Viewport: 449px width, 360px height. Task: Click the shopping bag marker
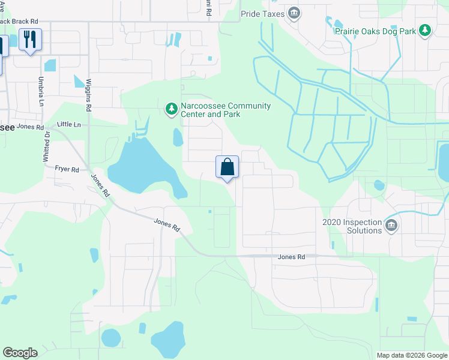[x=228, y=167]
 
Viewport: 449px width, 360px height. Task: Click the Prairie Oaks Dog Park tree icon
[x=425, y=30]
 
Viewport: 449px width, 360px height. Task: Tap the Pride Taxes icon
[x=294, y=13]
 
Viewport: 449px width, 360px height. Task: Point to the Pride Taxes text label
[x=262, y=13]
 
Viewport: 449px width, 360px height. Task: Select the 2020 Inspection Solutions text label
[x=352, y=226]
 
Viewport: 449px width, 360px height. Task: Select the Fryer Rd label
[x=67, y=170]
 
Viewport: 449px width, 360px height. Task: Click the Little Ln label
[x=68, y=124]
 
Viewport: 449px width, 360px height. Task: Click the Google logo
[x=20, y=353]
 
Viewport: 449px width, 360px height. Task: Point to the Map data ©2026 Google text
[x=412, y=355]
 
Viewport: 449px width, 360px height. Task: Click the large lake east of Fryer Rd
[x=143, y=166]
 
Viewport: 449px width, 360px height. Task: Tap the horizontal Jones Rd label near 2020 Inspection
[x=292, y=257]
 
